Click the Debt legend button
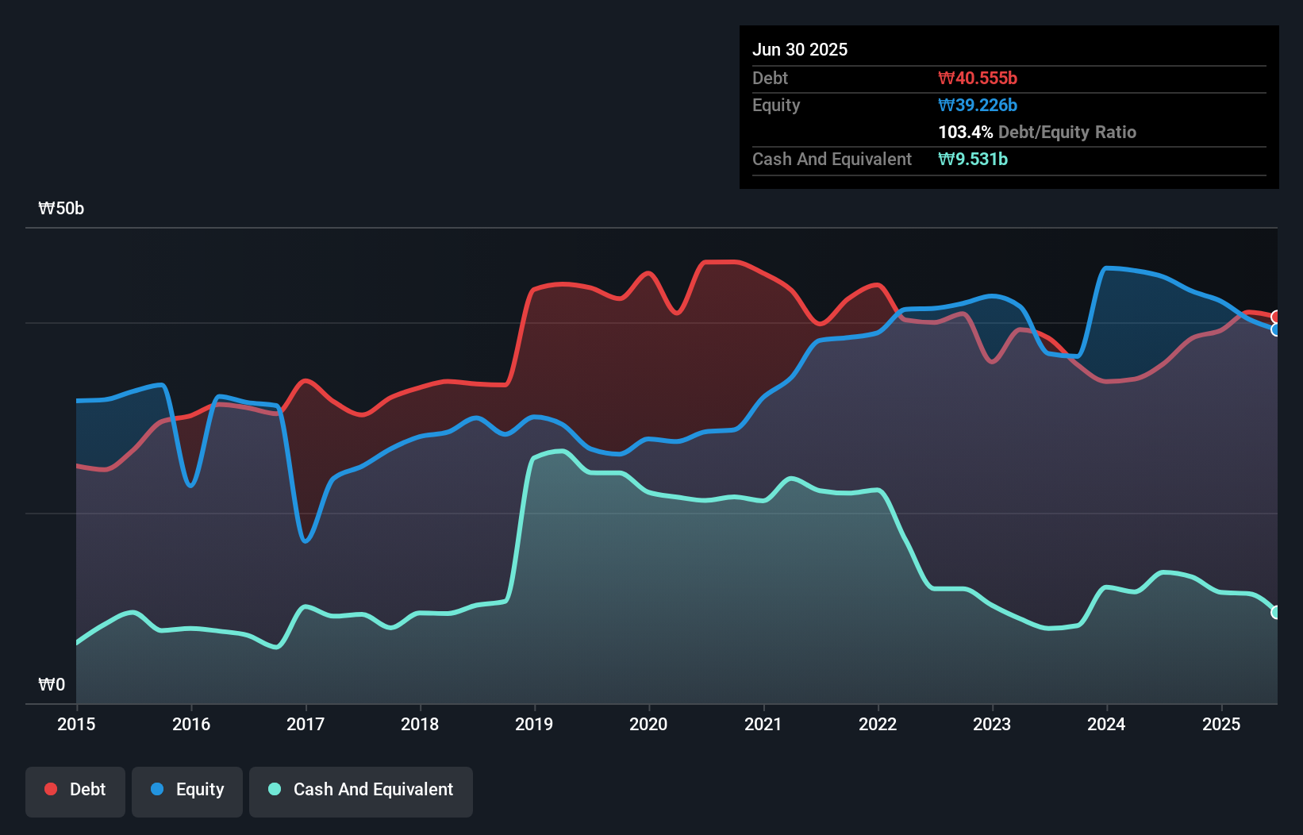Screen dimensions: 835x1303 point(75,790)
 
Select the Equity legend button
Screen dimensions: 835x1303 point(187,790)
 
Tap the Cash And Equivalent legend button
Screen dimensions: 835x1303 point(361,790)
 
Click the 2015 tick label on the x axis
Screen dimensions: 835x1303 point(76,724)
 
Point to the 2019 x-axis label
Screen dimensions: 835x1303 point(534,724)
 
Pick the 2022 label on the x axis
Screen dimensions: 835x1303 point(878,724)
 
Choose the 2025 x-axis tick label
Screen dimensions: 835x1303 point(1221,724)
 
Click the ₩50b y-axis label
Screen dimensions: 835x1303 point(61,209)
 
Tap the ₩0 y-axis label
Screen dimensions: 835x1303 point(52,684)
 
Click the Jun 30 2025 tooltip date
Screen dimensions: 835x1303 point(800,49)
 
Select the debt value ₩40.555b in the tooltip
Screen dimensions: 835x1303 point(978,78)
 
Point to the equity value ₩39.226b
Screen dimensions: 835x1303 point(978,105)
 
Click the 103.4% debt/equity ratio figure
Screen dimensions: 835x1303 point(965,132)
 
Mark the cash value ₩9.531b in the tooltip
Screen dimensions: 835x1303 point(973,159)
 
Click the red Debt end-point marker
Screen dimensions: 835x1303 point(1276,317)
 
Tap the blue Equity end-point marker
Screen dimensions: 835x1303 point(1276,329)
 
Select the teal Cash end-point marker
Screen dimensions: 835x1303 point(1276,612)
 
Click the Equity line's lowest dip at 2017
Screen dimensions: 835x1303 point(306,541)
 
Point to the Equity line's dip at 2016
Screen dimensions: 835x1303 point(190,485)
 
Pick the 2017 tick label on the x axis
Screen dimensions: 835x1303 point(306,724)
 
